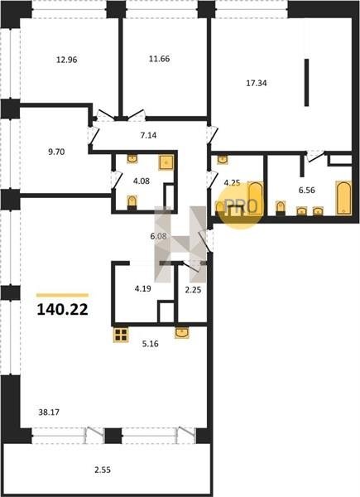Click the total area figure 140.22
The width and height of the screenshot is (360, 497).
coord(62,310)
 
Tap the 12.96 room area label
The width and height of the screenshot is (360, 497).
coord(67,60)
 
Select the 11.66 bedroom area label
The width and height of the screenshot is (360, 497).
coord(159,59)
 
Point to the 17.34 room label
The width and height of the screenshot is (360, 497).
coord(257,83)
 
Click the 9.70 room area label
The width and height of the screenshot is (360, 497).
coord(56,152)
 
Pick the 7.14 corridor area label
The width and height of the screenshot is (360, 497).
coord(148,135)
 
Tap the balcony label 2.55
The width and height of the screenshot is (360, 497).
coord(103,470)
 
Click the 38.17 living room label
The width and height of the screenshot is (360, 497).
coord(49,413)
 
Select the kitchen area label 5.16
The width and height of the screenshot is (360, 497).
coord(151,344)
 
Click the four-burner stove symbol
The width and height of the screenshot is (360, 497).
coord(121,335)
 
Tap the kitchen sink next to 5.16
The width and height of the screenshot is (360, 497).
coord(182,332)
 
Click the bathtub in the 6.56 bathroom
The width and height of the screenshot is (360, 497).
coord(343,198)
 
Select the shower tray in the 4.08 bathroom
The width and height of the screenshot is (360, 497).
coord(166,162)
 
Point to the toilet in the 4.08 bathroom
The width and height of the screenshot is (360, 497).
coord(132,202)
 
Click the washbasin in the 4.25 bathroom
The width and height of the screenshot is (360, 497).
coord(223,159)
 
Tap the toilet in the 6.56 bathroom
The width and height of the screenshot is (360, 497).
coord(281,208)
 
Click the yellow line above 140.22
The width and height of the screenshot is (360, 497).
coord(62,295)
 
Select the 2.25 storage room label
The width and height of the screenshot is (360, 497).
coord(193,290)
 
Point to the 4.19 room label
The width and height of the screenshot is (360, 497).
coord(143,289)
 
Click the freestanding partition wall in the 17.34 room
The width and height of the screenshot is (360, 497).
coord(306,82)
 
